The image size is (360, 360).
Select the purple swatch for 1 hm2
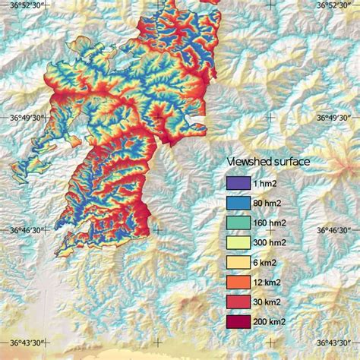tap(238, 183)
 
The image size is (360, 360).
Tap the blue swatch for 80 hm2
tap(238, 203)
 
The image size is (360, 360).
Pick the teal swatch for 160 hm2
tap(238, 223)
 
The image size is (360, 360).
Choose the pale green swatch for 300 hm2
tap(238, 242)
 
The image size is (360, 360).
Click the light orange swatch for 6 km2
tap(238, 263)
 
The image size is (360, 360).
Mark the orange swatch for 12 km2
tap(238, 283)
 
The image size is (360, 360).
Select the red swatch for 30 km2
tap(238, 302)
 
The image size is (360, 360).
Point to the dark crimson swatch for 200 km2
tap(238, 322)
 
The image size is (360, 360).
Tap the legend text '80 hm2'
tap(270, 203)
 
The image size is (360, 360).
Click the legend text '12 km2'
tap(270, 283)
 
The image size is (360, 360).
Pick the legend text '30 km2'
tap(270, 302)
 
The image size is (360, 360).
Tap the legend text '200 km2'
tap(273, 322)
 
